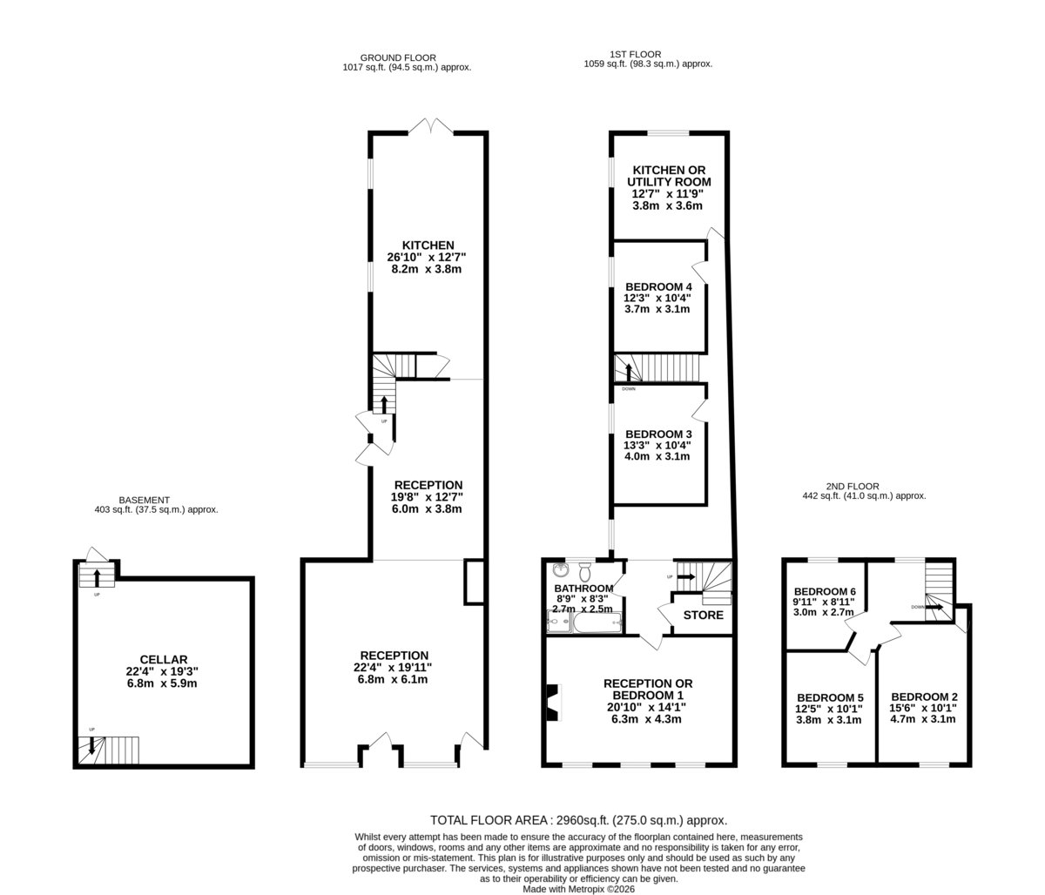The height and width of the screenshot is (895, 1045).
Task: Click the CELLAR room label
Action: [x=164, y=660]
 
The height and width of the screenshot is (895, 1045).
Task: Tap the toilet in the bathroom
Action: [x=585, y=572]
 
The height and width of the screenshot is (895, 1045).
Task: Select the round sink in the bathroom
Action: [x=561, y=569]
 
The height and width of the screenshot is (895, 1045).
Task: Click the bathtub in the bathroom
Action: [x=597, y=622]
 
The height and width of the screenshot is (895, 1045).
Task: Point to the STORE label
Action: [x=704, y=615]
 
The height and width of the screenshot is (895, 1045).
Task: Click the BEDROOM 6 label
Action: [x=825, y=591]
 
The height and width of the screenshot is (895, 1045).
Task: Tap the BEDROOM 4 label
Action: [x=658, y=286]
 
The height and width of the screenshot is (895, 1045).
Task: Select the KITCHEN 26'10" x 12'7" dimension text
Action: [x=427, y=257]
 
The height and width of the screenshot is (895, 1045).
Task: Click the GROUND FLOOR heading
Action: [x=398, y=57]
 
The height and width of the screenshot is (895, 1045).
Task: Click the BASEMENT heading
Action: [x=144, y=500]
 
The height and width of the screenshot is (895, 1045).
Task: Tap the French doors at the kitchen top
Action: [x=431, y=126]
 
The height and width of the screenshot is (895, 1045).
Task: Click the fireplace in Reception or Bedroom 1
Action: [x=555, y=703]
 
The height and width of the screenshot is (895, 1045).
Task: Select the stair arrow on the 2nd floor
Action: [x=934, y=607]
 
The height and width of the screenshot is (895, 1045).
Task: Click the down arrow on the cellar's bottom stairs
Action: [x=91, y=746]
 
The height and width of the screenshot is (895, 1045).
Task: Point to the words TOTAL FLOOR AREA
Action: [x=489, y=820]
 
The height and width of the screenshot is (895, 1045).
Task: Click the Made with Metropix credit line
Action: [x=578, y=889]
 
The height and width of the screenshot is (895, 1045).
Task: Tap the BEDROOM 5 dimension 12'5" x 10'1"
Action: [x=829, y=709]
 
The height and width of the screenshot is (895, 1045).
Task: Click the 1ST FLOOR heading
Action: [x=635, y=54]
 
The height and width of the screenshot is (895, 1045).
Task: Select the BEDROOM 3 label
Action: [x=658, y=434]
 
